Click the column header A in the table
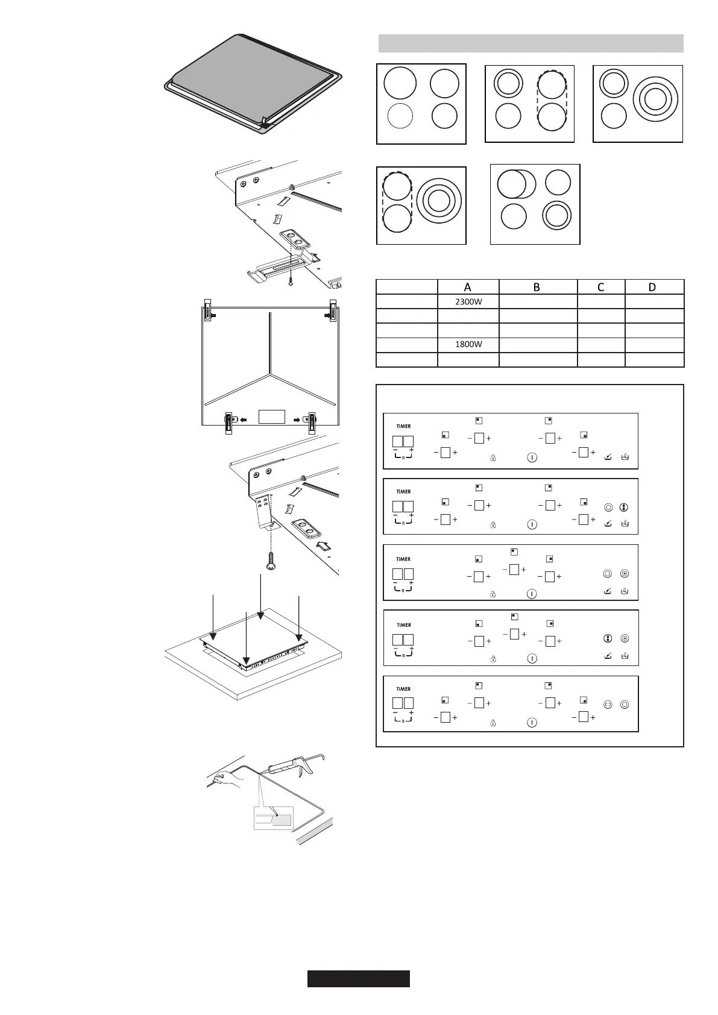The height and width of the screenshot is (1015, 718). (x=468, y=287)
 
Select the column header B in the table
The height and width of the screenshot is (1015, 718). (x=537, y=287)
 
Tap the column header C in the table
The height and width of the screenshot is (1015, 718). (x=600, y=287)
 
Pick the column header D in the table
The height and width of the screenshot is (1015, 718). (x=652, y=287)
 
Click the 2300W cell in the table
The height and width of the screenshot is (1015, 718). (x=468, y=301)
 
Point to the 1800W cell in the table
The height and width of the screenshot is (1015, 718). (x=468, y=345)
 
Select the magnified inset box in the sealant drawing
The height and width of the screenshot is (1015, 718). (x=273, y=818)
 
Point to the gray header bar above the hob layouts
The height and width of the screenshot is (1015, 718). (x=531, y=43)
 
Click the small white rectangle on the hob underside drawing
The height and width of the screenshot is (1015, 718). (x=271, y=416)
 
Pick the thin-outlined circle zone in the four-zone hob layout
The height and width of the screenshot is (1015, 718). (x=400, y=116)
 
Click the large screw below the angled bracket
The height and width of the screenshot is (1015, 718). (x=271, y=561)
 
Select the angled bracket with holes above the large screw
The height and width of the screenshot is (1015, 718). (x=263, y=510)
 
